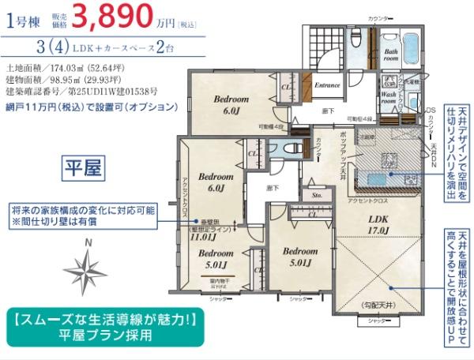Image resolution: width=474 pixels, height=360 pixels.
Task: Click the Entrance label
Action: coord(327,84)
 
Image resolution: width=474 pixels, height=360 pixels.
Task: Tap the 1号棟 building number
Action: coord(23,21)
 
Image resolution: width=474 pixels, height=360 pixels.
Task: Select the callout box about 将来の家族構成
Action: coord(82,216)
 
